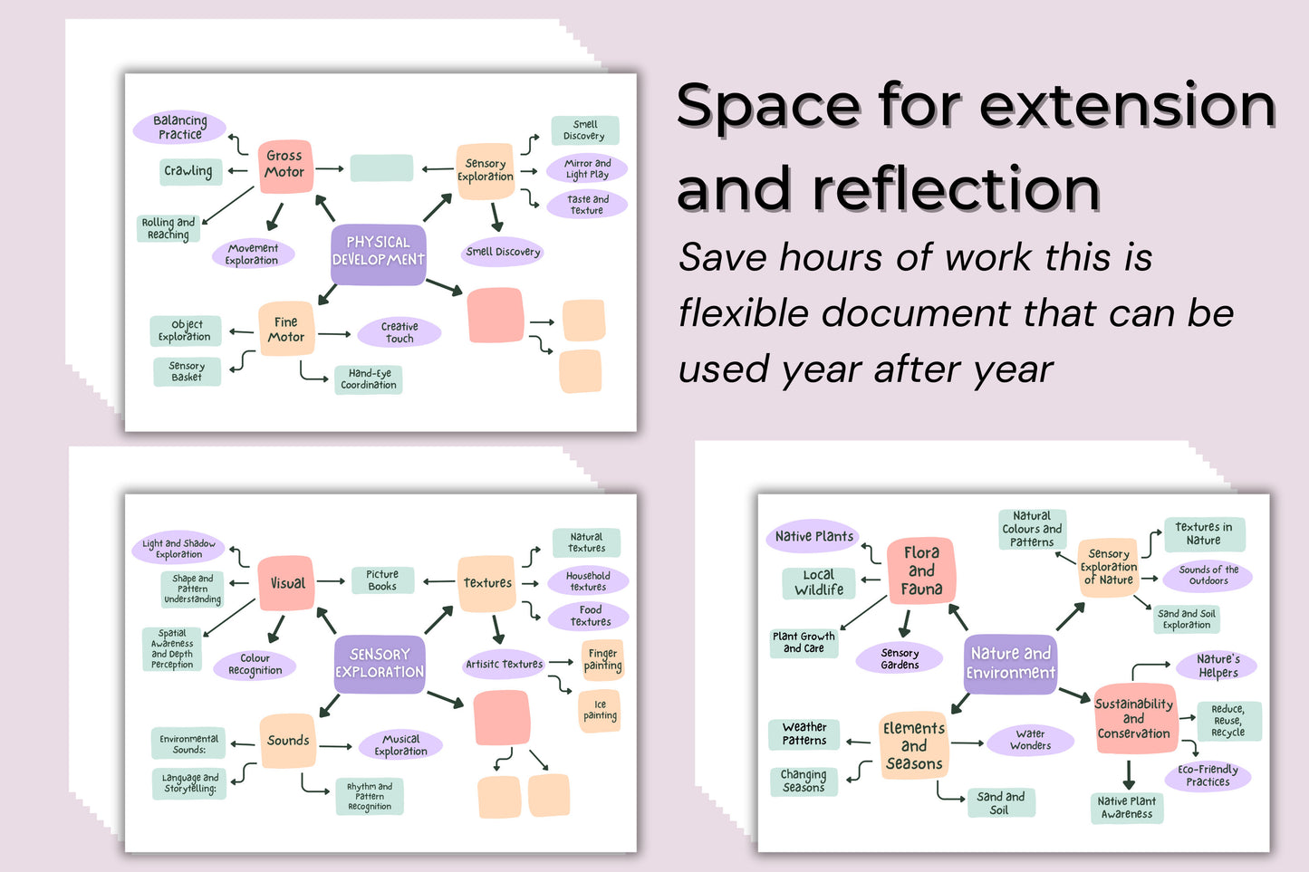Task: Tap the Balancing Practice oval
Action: coord(179,128)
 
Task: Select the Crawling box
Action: coord(189,171)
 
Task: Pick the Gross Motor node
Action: coord(285,165)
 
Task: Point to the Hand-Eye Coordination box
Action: coord(369,379)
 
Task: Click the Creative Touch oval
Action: coord(399,332)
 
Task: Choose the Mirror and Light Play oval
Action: coord(587,169)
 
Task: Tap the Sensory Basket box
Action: coord(187,371)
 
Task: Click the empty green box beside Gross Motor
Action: coord(381,168)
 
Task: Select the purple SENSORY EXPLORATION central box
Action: coord(380,664)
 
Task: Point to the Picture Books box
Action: coord(382,580)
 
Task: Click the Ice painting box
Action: coord(600,710)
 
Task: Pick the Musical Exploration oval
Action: coord(400,745)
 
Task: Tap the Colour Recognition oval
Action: coord(255,665)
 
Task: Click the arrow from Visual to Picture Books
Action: coord(332,582)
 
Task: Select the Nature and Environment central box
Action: coord(1010,664)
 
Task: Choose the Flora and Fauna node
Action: coord(921,570)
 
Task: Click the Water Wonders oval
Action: coord(1031,740)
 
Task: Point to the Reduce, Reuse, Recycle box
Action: coord(1227,721)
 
